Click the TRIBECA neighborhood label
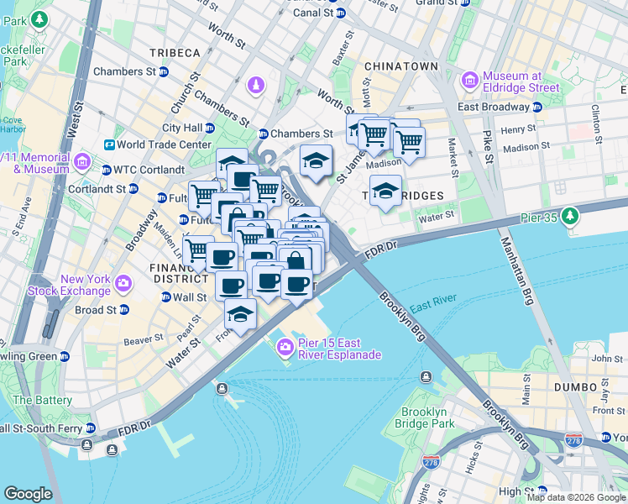[x=175, y=52]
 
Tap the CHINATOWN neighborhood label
[x=401, y=66]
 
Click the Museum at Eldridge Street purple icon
[x=468, y=81]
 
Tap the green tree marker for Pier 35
[x=571, y=217]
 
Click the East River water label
[x=433, y=301]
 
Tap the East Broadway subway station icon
[x=536, y=107]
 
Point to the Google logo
[x=28, y=494]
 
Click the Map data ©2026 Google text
[x=576, y=497]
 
